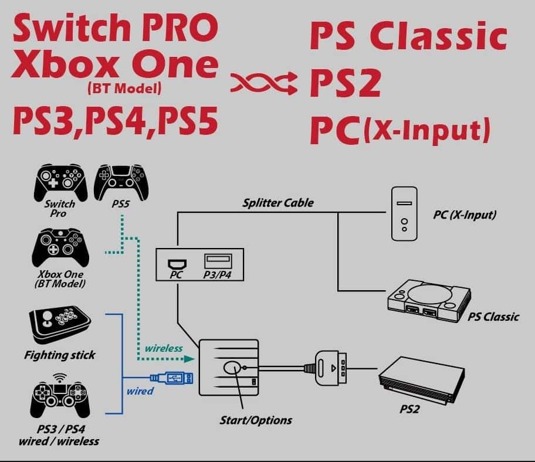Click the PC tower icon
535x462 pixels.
coord(405,213)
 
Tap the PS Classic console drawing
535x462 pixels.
coord(428,299)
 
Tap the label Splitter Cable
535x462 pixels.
coord(278,203)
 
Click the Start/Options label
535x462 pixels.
coord(255,420)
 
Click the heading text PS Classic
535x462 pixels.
coord(408,38)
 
